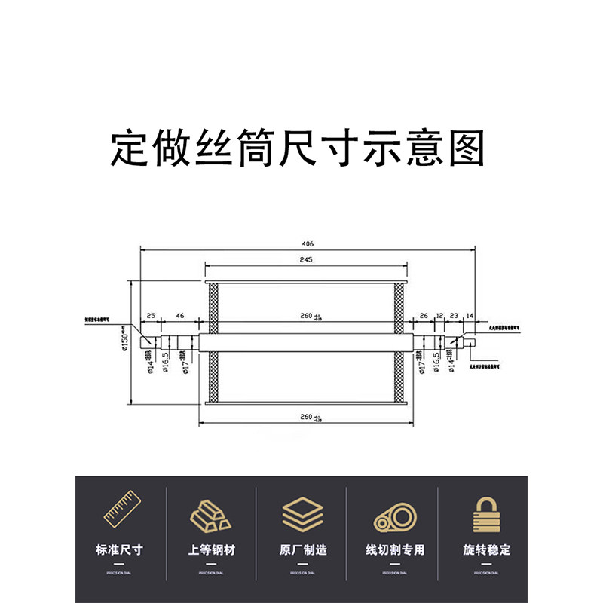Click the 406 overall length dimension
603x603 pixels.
[x=308, y=244]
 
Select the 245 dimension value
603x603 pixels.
[x=305, y=259]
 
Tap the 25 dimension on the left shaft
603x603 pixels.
[x=151, y=314]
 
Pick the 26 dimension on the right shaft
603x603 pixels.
[x=423, y=314]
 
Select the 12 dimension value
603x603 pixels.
[x=439, y=314]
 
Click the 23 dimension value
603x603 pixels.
[x=454, y=314]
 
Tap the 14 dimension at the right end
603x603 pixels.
[x=470, y=314]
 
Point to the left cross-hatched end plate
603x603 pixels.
[x=213, y=341]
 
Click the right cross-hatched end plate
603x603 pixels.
[x=399, y=341]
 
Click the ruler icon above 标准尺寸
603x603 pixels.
[x=121, y=513]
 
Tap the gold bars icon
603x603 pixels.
[x=212, y=516]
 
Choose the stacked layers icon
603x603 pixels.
[x=301, y=514]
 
